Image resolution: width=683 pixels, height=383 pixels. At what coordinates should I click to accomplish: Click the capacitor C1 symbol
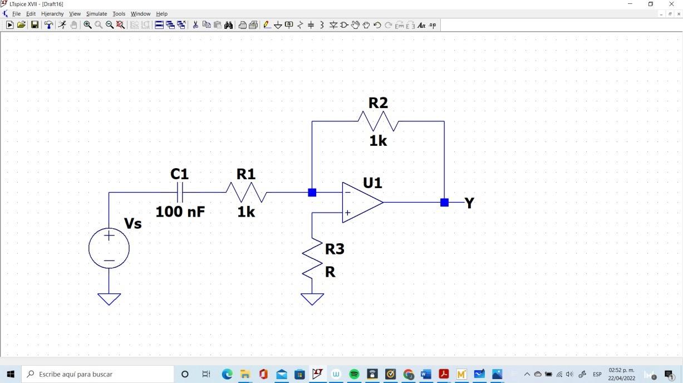pyautogui.click(x=180, y=193)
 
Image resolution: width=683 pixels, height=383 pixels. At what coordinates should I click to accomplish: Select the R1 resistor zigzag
pyautogui.click(x=246, y=193)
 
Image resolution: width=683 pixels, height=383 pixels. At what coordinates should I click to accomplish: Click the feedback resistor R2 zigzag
pyautogui.click(x=378, y=121)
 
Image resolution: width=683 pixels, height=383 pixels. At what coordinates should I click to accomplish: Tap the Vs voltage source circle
pyautogui.click(x=109, y=248)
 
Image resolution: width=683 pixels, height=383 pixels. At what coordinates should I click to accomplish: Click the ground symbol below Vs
pyautogui.click(x=109, y=299)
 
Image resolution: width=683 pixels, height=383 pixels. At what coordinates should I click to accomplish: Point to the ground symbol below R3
pyautogui.click(x=312, y=299)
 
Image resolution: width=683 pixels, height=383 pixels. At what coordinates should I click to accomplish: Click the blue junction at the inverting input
pyautogui.click(x=312, y=193)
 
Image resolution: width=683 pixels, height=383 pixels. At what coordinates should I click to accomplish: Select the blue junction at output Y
pyautogui.click(x=444, y=203)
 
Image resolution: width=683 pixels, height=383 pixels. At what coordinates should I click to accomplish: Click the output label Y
pyautogui.click(x=469, y=203)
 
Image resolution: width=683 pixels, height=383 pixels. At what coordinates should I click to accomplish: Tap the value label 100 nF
pyautogui.click(x=180, y=212)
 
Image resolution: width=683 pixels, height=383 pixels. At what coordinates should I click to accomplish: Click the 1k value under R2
pyautogui.click(x=378, y=141)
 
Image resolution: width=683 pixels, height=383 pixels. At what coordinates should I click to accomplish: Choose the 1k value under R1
pyautogui.click(x=246, y=212)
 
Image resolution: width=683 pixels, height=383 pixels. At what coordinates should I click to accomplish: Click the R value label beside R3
pyautogui.click(x=330, y=272)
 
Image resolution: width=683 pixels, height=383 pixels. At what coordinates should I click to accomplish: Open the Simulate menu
pyautogui.click(x=96, y=14)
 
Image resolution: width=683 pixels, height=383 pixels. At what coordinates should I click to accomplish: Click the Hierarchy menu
pyautogui.click(x=52, y=14)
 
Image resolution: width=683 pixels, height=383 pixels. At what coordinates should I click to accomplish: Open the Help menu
pyautogui.click(x=161, y=14)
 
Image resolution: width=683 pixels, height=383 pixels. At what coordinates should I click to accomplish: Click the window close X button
pyautogui.click(x=671, y=4)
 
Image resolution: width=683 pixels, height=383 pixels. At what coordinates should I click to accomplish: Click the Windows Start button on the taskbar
pyautogui.click(x=11, y=374)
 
